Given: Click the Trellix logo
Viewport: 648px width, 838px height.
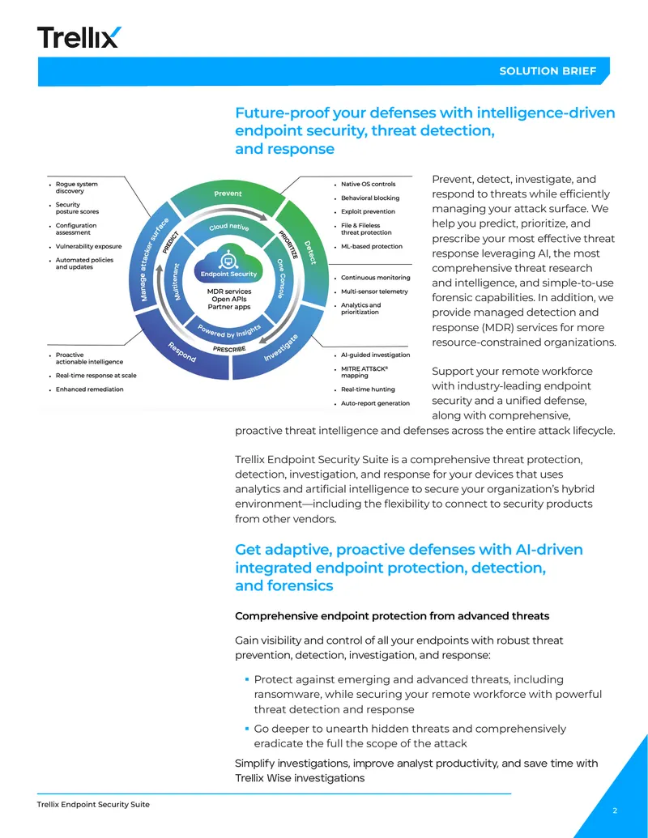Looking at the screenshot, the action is (79, 37).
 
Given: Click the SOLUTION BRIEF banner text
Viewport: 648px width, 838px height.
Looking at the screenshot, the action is (548, 71).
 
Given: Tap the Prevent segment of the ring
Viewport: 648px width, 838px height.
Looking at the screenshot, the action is (228, 196).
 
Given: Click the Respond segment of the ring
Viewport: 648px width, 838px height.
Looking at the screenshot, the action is (181, 351).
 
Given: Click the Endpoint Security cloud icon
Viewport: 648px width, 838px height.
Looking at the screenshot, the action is (228, 266).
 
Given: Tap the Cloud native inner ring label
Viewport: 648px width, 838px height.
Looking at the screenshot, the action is (229, 227).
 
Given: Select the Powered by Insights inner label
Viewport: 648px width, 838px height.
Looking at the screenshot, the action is (229, 331).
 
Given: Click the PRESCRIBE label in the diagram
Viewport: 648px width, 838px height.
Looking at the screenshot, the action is (229, 349).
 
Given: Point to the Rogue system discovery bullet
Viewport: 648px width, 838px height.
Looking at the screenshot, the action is (76, 188).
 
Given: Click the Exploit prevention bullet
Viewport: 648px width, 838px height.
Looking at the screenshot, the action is (368, 211).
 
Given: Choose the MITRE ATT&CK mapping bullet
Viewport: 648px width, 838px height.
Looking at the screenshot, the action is (364, 372).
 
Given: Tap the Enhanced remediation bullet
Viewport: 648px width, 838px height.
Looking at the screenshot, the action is (89, 389).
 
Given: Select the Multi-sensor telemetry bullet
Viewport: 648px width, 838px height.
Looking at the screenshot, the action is (374, 291).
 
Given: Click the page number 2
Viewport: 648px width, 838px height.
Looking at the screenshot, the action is (615, 810).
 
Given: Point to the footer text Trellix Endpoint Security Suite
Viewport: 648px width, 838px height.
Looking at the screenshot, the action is (93, 804).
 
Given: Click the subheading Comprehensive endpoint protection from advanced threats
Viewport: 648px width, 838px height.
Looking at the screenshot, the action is (392, 616).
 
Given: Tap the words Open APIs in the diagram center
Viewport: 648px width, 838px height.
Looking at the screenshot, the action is (229, 300).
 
